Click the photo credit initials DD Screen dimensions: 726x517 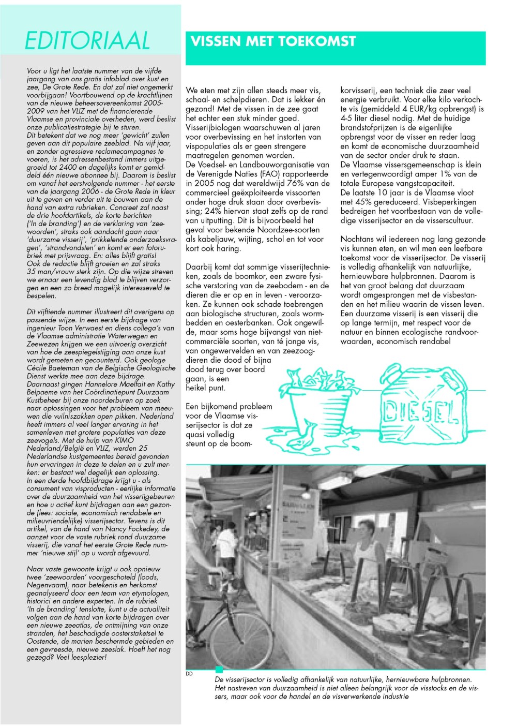click(189, 673)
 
